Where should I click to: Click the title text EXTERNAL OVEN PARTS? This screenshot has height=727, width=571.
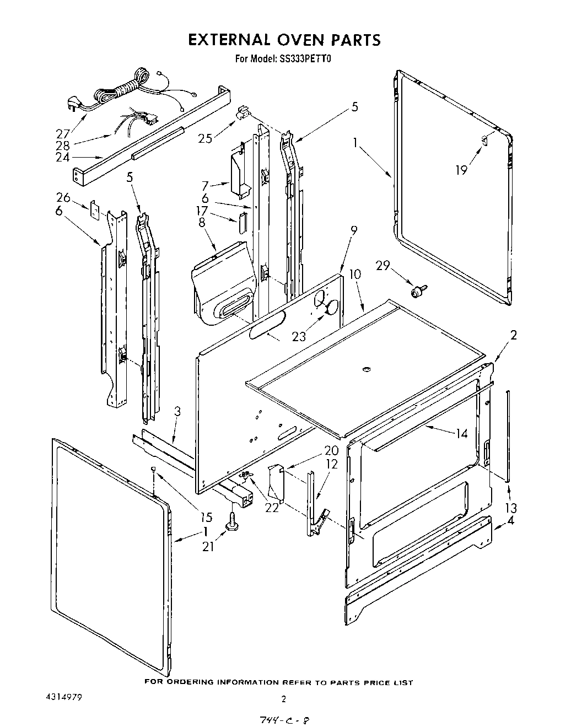(x=284, y=40)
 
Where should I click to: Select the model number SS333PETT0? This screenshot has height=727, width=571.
(x=303, y=58)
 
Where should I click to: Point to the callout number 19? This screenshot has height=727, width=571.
(x=461, y=170)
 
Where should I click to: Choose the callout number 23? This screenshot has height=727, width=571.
(x=299, y=336)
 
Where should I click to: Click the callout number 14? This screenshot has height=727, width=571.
(x=461, y=433)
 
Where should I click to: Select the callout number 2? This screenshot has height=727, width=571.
(x=513, y=335)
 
